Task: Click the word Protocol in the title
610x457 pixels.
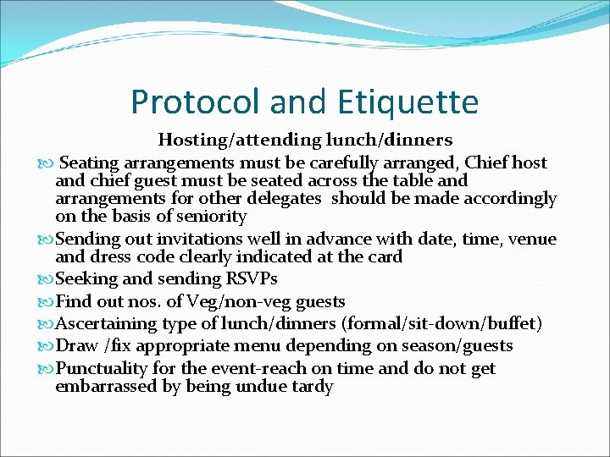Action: click(x=196, y=102)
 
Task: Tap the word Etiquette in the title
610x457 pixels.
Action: click(x=409, y=102)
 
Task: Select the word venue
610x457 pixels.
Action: click(x=533, y=240)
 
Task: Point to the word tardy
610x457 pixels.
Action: click(x=310, y=387)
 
